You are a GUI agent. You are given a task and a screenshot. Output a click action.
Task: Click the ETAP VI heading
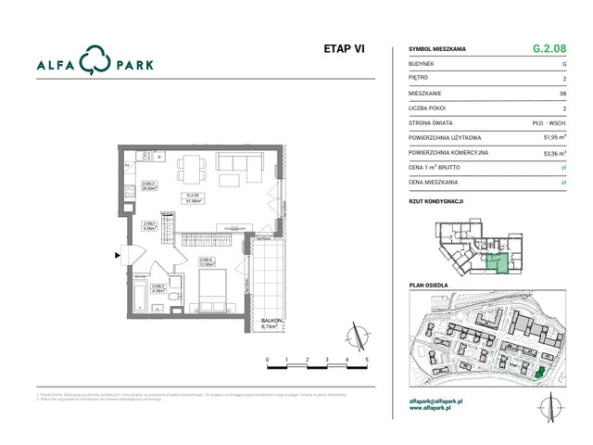point(344,50)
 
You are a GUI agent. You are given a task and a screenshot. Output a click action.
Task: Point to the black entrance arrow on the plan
point(117,252)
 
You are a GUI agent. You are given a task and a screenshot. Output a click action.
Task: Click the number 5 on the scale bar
point(368,359)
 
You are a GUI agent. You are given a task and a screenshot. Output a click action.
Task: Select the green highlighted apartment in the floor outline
point(498,263)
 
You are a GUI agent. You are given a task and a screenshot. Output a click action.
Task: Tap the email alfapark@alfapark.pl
point(442,400)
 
